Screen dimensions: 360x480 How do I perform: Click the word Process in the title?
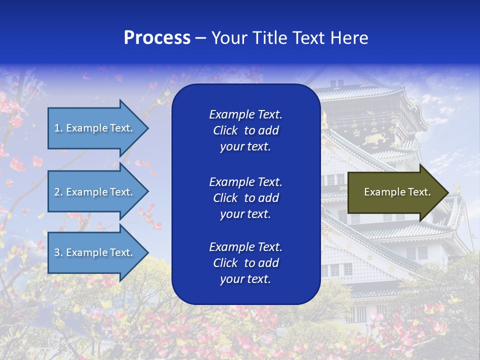pos(157,38)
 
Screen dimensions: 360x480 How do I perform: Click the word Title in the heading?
pos(268,38)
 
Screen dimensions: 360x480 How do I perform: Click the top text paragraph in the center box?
pos(245,130)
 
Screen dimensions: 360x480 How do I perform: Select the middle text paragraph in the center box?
pos(245,198)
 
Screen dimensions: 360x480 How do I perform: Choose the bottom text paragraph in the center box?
pos(245,263)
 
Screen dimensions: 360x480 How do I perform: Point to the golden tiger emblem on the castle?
pos(375,139)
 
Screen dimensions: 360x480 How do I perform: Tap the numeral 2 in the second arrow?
pos(57,192)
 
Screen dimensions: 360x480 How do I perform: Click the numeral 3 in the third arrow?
pos(57,252)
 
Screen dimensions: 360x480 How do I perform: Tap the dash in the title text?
pos(200,38)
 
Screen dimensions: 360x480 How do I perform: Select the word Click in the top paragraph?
pos(225,130)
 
